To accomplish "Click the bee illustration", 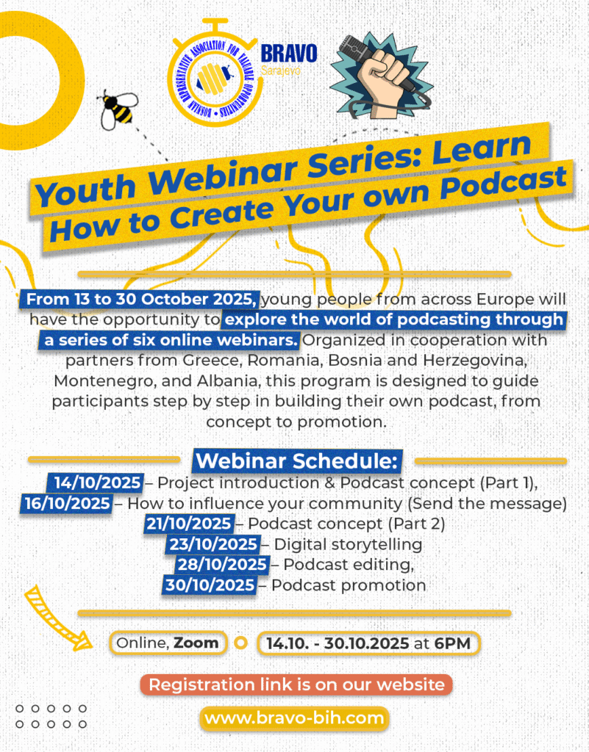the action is [118, 110].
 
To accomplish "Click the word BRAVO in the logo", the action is [289, 54].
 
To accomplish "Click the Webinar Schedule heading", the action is [297, 461].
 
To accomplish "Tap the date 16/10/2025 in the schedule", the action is [68, 504].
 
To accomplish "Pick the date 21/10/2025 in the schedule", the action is [189, 524].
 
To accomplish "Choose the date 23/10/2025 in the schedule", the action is [214, 544].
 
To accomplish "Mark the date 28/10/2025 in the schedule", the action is [222, 565].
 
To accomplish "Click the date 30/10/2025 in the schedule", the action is [210, 585].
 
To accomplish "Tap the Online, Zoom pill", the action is [168, 643].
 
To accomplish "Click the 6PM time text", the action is [453, 643].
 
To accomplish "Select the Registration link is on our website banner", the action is [296, 685].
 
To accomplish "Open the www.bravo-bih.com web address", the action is [294, 718].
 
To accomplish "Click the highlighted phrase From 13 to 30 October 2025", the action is [140, 300].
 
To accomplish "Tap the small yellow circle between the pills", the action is [241, 643].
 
